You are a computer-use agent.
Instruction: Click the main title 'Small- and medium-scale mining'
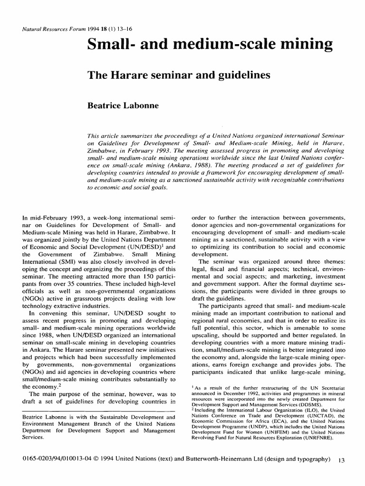[x=210, y=45]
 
